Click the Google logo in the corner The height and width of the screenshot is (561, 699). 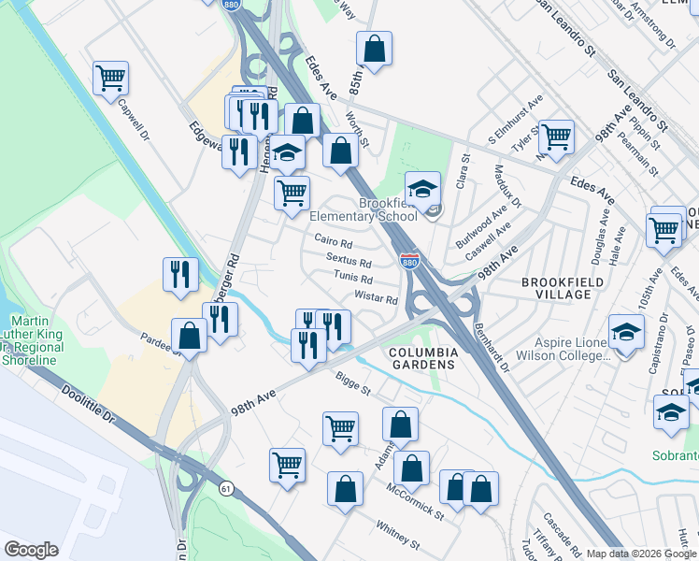(x=31, y=550)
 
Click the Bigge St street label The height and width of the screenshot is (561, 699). (x=353, y=381)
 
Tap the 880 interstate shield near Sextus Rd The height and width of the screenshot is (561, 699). (x=409, y=259)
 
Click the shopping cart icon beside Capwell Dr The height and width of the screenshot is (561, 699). (x=110, y=78)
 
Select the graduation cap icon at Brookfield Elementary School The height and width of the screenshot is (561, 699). (x=422, y=188)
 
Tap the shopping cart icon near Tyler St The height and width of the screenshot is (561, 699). (x=556, y=137)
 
